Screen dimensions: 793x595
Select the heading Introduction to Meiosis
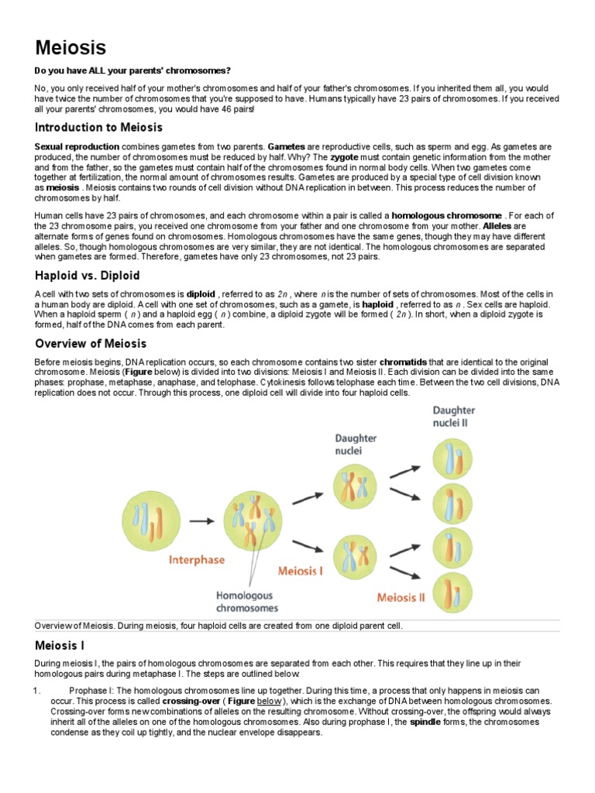[x=98, y=127]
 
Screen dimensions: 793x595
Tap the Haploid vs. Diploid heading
[x=88, y=275]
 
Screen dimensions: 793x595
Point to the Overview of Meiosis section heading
[x=91, y=343]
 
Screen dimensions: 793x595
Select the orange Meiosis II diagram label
[x=401, y=597]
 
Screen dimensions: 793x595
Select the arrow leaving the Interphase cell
[x=202, y=521]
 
